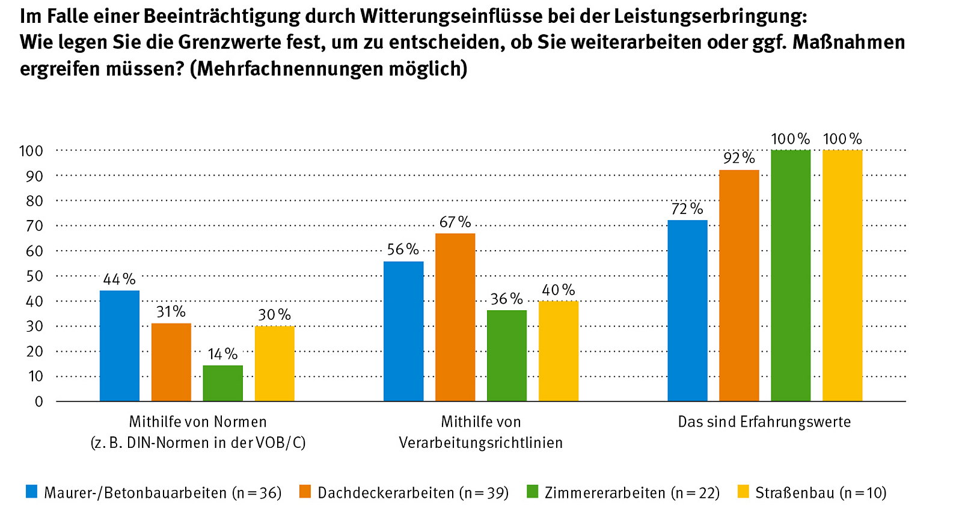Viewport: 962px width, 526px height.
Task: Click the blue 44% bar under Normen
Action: coord(120,346)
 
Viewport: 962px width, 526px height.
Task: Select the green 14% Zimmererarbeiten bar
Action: coord(223,383)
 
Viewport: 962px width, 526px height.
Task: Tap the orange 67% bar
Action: coord(455,317)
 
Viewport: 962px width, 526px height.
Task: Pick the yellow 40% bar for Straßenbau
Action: coord(559,351)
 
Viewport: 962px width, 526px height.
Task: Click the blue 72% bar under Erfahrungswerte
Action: coord(687,310)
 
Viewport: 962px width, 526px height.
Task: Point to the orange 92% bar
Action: coord(739,286)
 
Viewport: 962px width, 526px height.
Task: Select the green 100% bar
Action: coord(791,275)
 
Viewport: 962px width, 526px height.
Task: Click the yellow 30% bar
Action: coord(275,363)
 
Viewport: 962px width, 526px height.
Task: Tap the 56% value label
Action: coord(403,249)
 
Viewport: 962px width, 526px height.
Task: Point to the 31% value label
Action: coord(171,311)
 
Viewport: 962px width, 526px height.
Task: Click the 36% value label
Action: coord(507,299)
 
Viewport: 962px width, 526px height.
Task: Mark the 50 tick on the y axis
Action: coord(35,276)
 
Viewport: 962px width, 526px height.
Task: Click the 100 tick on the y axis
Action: coord(31,151)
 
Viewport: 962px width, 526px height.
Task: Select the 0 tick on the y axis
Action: coord(39,402)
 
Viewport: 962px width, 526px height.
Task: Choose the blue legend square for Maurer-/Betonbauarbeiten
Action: coord(32,492)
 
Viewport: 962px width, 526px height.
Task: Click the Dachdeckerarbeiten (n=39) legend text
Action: coord(413,493)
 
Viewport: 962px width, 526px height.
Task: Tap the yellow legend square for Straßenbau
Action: coord(744,492)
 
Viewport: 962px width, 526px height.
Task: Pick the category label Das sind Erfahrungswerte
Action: coord(764,421)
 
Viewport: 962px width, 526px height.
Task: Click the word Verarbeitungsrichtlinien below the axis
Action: coord(481,443)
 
